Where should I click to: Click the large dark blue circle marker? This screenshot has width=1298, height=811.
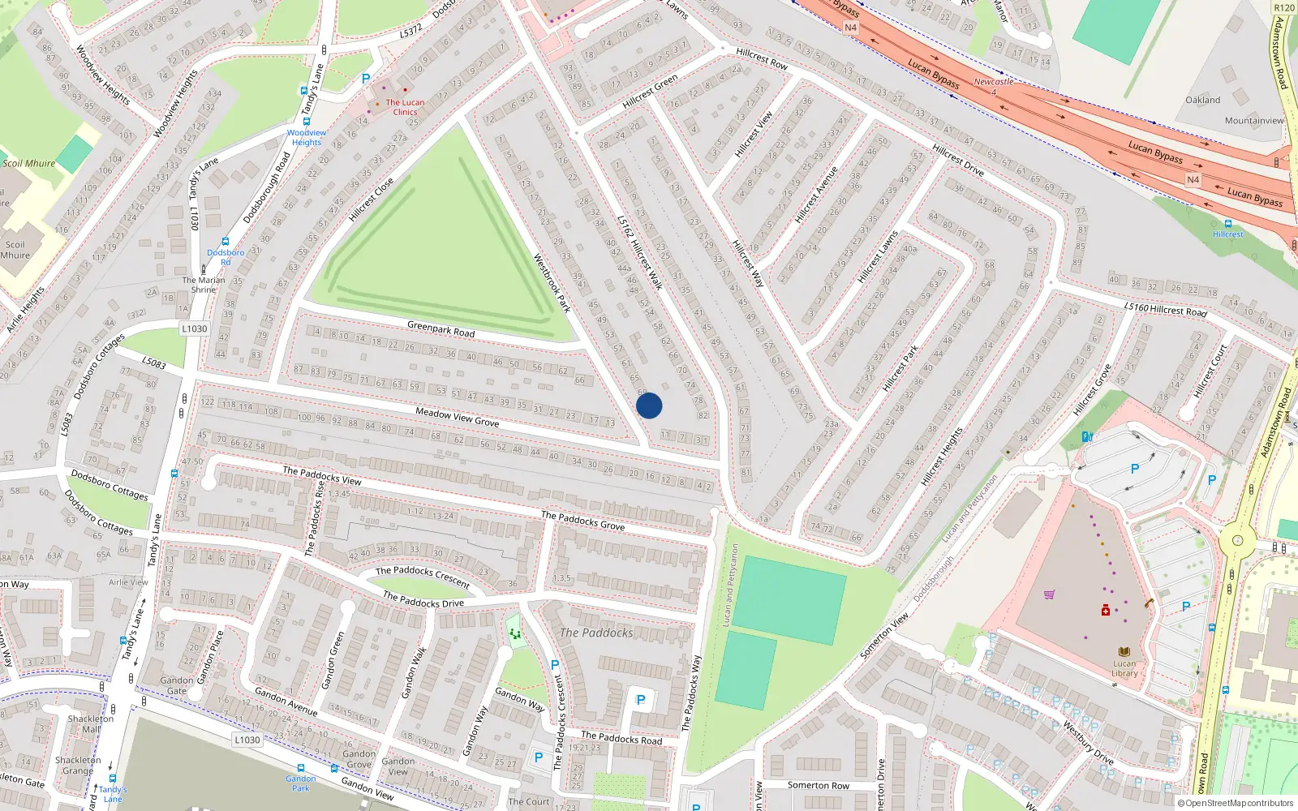tap(649, 405)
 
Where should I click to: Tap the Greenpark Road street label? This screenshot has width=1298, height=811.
tap(441, 329)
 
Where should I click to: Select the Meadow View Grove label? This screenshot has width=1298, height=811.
tap(457, 417)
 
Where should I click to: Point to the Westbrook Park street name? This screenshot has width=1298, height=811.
tap(552, 283)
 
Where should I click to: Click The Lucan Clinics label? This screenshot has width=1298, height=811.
tap(405, 107)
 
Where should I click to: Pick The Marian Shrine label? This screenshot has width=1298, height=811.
tap(204, 285)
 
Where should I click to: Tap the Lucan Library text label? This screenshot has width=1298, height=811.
tap(1124, 668)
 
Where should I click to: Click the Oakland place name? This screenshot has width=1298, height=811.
tap(1202, 101)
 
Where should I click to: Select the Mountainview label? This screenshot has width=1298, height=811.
tap(1254, 121)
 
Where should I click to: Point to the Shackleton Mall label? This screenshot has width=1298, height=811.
tap(91, 723)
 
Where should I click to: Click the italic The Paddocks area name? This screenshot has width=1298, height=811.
tap(596, 633)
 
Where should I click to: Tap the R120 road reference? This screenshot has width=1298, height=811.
tap(1284, 8)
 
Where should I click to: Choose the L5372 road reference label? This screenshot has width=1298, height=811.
tap(411, 32)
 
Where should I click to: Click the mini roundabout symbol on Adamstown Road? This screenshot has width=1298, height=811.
tap(1237, 540)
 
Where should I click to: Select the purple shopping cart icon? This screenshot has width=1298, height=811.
tap(1049, 594)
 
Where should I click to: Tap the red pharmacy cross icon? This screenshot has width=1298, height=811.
tap(1105, 610)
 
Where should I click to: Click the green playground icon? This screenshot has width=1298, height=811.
tap(514, 633)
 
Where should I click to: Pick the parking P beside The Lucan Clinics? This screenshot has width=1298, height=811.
tap(366, 79)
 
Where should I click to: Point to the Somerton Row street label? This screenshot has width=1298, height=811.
tap(818, 785)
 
